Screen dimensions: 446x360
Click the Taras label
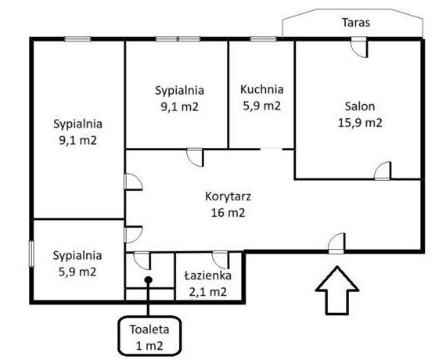point(356,23)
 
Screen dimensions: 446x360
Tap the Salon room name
point(360,106)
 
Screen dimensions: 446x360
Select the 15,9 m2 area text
point(360,123)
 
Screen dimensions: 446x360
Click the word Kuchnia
point(261,89)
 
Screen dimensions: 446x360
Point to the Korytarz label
point(228,196)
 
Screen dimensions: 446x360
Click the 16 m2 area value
point(228,213)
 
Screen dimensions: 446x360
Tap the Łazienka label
point(207,275)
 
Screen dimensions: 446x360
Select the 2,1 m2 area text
point(207,292)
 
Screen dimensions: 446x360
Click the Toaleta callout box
point(149,337)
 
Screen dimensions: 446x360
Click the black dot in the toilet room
point(148,280)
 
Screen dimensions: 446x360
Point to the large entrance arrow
point(337,290)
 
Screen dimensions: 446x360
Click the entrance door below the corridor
point(336,243)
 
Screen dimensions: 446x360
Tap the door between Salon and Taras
point(359,47)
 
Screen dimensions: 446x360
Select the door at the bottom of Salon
point(383,171)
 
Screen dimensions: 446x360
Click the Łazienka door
point(221,260)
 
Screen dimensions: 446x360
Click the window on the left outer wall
point(31,254)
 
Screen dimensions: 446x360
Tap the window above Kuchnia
point(263,39)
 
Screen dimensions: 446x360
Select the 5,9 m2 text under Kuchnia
point(261,106)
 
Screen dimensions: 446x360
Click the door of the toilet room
point(142,261)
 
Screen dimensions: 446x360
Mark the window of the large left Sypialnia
point(77,39)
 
